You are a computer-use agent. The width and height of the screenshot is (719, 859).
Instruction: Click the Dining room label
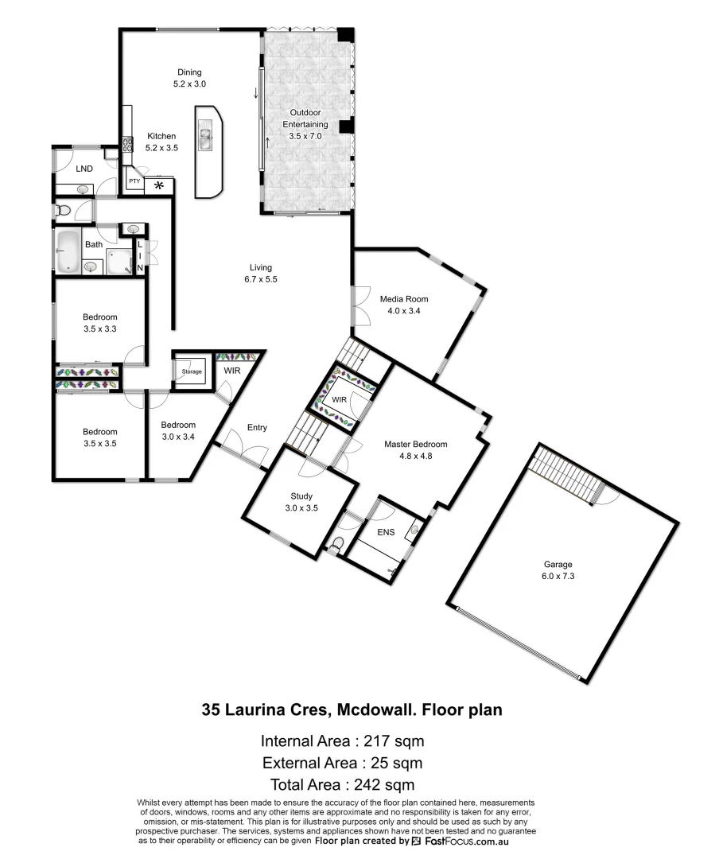coord(189,72)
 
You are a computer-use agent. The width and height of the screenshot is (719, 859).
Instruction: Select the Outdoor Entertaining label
coord(306,125)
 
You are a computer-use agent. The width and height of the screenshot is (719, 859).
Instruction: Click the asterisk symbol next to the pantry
coord(158,185)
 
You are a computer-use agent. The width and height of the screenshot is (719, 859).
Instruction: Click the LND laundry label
coord(84,169)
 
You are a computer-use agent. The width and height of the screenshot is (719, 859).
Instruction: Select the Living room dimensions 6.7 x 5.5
coord(260,279)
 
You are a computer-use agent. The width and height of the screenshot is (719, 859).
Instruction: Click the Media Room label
coord(403,299)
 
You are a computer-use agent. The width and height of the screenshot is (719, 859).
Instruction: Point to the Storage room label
coord(191,371)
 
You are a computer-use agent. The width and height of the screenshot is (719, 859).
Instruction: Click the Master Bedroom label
coord(415,445)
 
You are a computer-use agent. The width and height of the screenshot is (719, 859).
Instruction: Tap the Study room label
coord(301,496)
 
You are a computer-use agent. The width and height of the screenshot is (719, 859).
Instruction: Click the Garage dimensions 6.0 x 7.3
coord(558,576)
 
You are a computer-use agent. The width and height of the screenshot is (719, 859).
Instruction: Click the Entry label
coord(257,428)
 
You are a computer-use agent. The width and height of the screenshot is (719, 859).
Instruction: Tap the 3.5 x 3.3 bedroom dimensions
coord(100,328)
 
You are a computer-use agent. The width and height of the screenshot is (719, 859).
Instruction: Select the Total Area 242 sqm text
coord(342,785)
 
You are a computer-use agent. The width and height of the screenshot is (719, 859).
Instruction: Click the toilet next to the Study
coord(337,546)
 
